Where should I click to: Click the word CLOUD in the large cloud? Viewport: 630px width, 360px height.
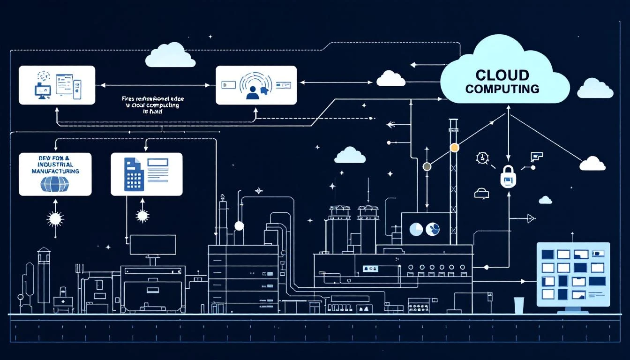coord(502,75)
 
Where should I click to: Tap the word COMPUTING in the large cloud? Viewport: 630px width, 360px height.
coord(502,89)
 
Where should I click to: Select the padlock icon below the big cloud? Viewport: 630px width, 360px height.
coord(508,176)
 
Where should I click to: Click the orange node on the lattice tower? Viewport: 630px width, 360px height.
coord(454,148)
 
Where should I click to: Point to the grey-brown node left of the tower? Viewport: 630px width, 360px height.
coord(427,166)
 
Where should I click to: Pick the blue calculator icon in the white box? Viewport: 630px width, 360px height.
coord(133,174)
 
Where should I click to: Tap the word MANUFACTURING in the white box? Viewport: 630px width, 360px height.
coord(55,172)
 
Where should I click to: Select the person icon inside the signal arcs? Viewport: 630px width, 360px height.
coord(252,93)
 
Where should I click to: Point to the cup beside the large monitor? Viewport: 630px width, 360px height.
coord(518,305)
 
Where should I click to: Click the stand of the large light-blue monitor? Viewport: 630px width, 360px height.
coord(572,309)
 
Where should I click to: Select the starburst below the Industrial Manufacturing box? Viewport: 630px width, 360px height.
coord(55,219)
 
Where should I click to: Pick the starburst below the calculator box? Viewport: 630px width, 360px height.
coord(142,216)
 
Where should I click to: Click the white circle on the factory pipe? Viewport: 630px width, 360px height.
coord(239,226)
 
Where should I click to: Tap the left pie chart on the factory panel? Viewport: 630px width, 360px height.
coord(415,229)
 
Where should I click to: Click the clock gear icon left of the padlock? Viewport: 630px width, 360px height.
coord(481,158)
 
